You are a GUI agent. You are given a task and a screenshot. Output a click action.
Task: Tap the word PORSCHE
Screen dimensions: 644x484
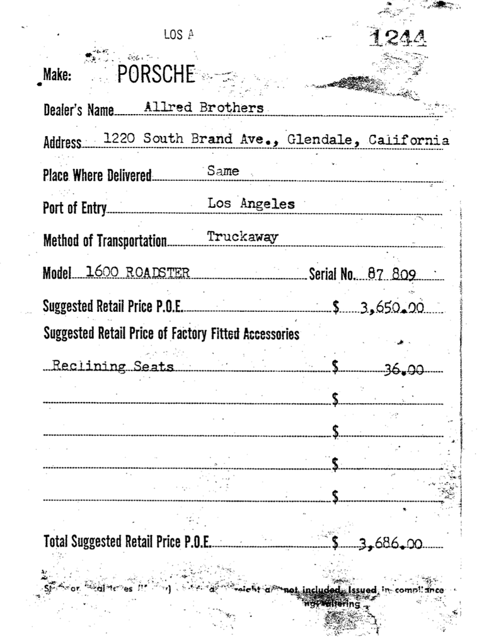[x=156, y=76]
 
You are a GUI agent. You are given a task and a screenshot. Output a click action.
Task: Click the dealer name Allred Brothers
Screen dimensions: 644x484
[x=204, y=108]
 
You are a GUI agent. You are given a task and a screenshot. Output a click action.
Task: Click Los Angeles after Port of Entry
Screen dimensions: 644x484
[x=251, y=204]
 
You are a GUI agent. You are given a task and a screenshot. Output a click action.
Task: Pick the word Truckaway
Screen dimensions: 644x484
[x=243, y=237]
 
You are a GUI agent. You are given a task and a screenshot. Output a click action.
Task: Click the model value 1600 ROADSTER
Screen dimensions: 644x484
[x=137, y=272]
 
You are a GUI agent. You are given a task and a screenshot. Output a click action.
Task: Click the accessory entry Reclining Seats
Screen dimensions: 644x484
[x=113, y=366]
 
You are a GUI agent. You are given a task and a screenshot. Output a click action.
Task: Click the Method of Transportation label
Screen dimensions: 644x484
[x=105, y=241]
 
